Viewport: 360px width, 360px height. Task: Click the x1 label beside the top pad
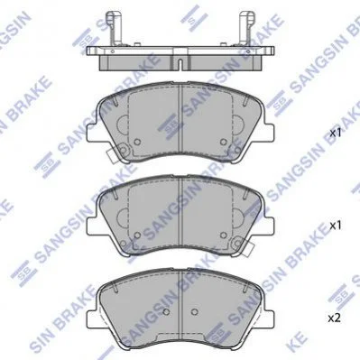point(336,134)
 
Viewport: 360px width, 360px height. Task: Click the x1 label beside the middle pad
point(336,226)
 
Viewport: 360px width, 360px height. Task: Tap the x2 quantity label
point(334,318)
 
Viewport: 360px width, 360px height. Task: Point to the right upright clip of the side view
point(246,29)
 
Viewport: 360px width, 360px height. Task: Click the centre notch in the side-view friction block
point(180,64)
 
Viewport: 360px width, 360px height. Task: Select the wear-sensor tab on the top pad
point(112,156)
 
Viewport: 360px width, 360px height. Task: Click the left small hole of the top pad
point(137,142)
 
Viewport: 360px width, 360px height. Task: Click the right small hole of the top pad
point(223,142)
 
